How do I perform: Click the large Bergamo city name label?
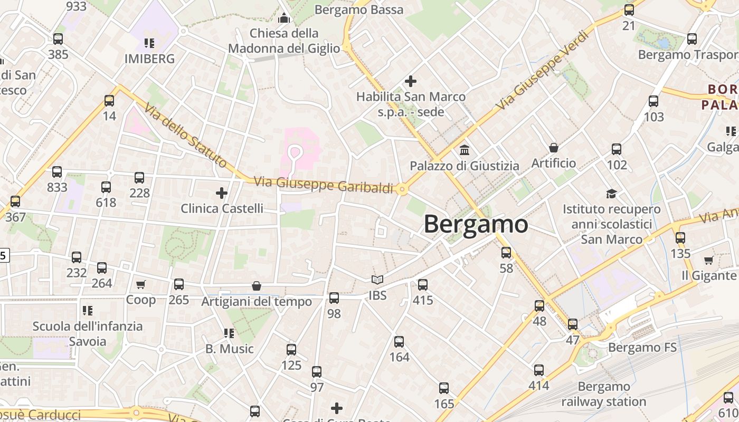(476, 224)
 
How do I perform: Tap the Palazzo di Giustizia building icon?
(465, 150)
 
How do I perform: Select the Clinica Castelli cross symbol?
(222, 193)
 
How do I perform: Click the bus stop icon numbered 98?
(334, 298)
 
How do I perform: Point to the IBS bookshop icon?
(377, 280)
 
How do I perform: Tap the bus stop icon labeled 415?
(423, 285)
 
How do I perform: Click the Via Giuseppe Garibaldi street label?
(324, 186)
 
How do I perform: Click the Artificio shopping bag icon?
(554, 148)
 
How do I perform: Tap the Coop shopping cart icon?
(140, 285)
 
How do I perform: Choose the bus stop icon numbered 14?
(109, 100)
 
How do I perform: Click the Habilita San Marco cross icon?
(410, 81)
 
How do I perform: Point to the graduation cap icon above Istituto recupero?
(611, 194)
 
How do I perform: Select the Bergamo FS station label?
(642, 348)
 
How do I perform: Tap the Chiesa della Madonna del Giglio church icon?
(284, 18)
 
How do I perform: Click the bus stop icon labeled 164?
(399, 342)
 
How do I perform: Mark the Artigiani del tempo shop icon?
(257, 286)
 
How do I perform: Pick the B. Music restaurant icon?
(229, 333)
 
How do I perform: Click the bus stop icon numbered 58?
(506, 253)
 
